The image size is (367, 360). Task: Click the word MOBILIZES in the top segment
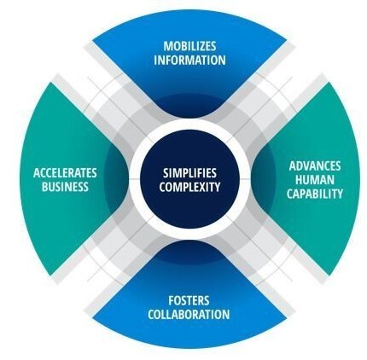coord(189,46)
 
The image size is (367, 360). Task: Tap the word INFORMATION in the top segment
coord(189,61)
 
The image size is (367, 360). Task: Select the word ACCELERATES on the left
coord(65,172)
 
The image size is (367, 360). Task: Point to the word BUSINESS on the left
coord(65,187)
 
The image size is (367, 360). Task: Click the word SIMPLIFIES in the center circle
coord(189,173)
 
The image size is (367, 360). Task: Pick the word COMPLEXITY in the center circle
coord(189,187)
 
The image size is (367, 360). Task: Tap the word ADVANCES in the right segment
coord(315,165)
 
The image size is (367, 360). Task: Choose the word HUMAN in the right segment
coord(315,179)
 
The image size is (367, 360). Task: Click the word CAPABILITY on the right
coord(315,194)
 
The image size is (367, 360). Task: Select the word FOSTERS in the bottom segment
coord(189,299)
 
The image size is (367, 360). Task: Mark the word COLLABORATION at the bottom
coord(189,314)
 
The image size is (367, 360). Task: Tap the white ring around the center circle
coord(189,138)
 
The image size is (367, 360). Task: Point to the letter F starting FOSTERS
coord(170,299)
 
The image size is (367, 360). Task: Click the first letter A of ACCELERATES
coord(37,172)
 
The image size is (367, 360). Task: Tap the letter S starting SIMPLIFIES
coord(166,173)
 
